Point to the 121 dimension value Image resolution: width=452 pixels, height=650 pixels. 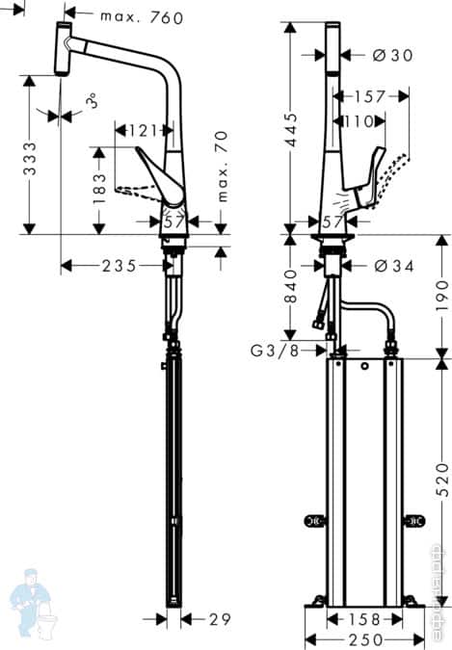click(143, 129)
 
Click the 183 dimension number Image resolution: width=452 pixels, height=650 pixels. click(97, 190)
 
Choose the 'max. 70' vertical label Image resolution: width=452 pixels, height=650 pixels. click(222, 168)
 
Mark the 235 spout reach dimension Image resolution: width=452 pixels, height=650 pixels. click(119, 266)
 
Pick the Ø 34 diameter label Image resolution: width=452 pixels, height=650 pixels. click(392, 266)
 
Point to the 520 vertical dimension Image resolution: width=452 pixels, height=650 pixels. click(440, 479)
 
